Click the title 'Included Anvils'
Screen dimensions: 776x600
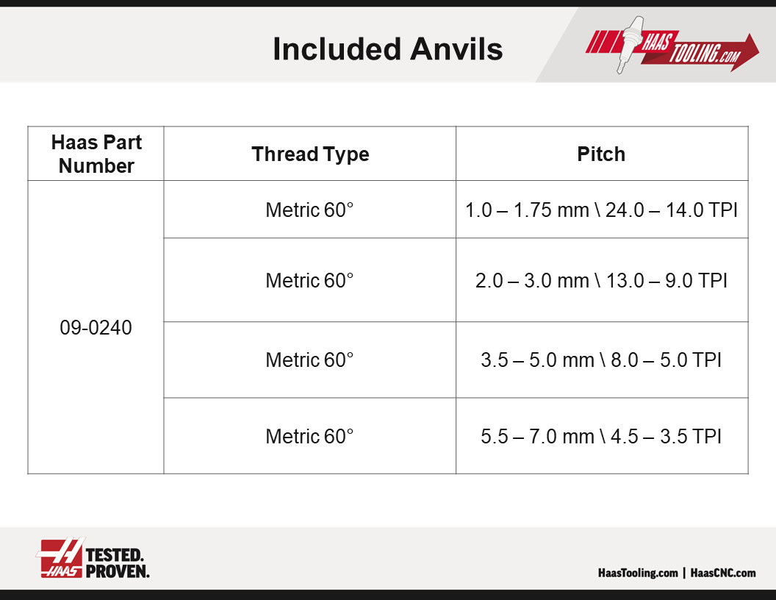point(387,49)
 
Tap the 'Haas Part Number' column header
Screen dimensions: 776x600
point(96,154)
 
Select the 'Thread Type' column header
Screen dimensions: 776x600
point(310,154)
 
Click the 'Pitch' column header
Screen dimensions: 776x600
point(601,154)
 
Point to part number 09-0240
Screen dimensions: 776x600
point(96,328)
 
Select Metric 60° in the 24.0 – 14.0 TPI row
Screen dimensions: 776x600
point(310,210)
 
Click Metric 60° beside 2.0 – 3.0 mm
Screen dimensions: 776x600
point(310,281)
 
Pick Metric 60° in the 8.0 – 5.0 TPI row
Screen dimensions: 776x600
point(310,360)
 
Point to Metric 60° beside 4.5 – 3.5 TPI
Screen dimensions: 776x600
point(310,437)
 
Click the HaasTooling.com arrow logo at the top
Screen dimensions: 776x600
point(672,47)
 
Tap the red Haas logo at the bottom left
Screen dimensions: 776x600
point(60,557)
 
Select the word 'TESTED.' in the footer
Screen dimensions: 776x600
point(115,555)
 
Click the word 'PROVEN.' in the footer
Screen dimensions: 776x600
point(118,571)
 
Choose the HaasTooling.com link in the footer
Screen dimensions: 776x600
point(638,573)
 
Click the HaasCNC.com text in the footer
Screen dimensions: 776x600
point(723,573)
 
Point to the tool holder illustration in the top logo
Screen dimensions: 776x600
point(628,45)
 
